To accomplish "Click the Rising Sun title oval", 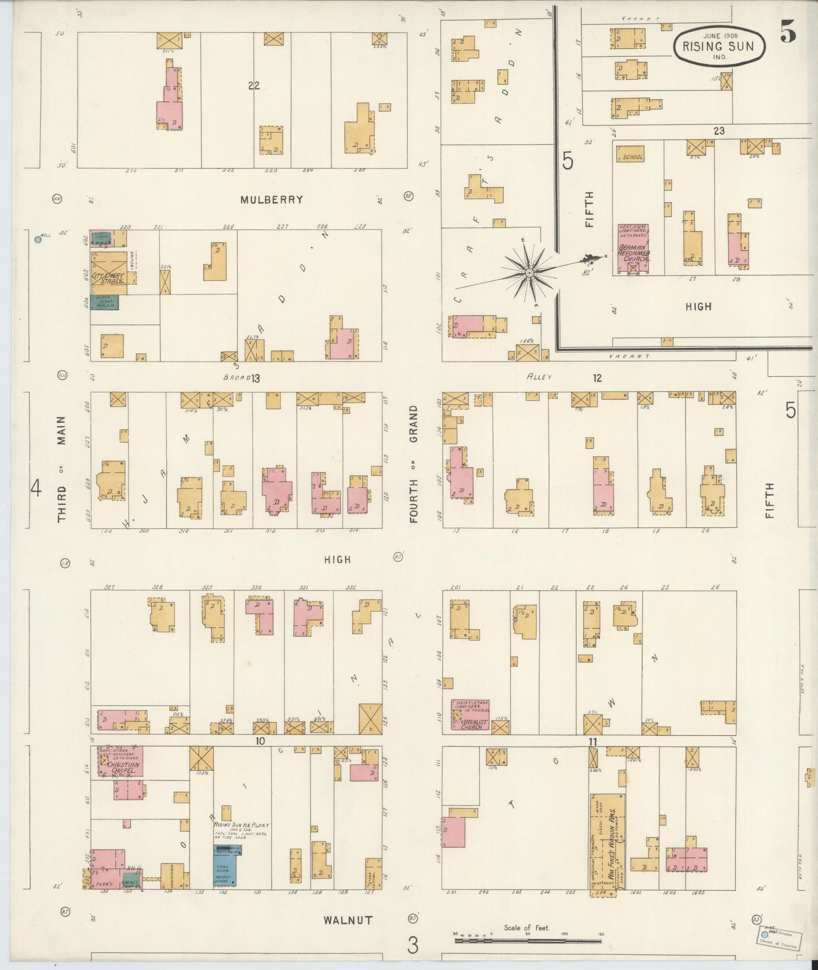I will [719, 46].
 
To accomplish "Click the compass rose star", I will [529, 273].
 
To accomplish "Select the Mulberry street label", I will [271, 200].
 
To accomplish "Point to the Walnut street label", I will [348, 920].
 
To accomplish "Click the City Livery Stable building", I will [109, 274].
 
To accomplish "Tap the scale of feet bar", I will [528, 941].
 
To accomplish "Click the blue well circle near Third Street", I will [38, 239].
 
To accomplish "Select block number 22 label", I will [253, 85].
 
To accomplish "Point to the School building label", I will [632, 157].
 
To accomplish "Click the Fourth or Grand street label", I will [414, 464].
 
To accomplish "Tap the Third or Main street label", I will [61, 469].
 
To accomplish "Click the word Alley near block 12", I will [538, 376].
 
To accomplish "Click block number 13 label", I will [255, 378].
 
